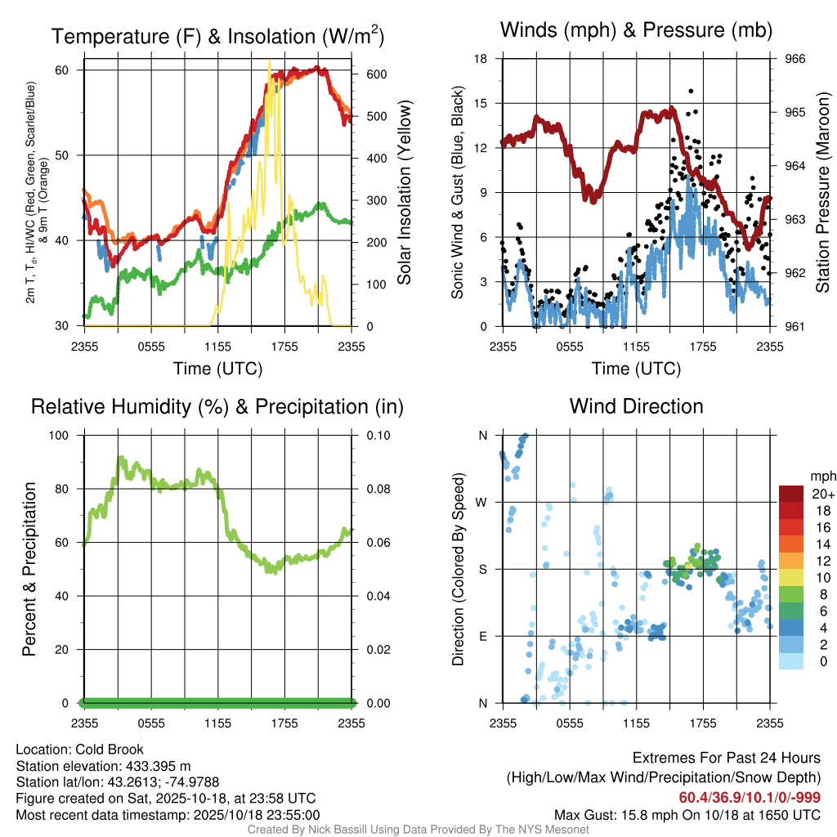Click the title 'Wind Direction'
pos(636,406)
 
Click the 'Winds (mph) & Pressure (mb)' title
pos(636,31)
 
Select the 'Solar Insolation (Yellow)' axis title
pos(404,193)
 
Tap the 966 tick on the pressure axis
pos(795,59)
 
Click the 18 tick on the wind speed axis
pos(481,59)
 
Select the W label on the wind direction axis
pos(482,503)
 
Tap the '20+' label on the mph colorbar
pos(823,495)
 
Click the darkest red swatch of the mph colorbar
pos(792,494)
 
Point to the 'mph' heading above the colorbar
pos(822,476)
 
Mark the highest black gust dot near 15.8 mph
pos(691,92)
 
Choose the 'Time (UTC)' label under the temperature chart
pos(217,369)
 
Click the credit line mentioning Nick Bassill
pos(418,830)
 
